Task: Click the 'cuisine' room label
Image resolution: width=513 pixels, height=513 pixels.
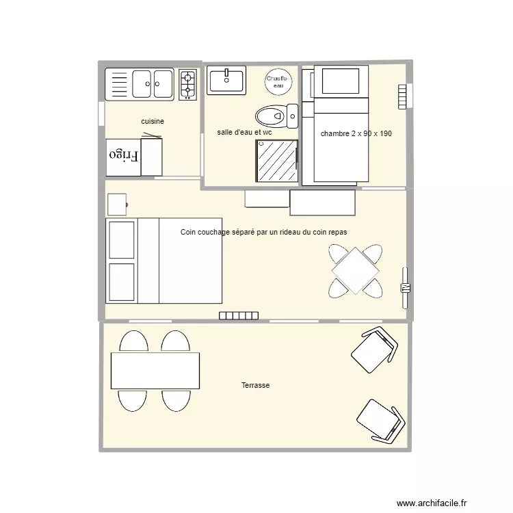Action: (153, 122)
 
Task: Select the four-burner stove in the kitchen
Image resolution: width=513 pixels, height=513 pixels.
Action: (188, 84)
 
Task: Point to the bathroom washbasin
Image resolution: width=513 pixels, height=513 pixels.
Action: (226, 80)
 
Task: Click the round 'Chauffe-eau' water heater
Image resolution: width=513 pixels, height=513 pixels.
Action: (278, 81)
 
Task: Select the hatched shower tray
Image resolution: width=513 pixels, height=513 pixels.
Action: (277, 161)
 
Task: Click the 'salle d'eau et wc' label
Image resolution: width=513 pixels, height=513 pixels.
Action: (244, 132)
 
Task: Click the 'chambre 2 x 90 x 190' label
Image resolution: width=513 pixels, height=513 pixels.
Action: (356, 133)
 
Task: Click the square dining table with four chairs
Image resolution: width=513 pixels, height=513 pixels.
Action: (355, 271)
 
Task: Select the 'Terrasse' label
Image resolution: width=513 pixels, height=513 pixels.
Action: (255, 386)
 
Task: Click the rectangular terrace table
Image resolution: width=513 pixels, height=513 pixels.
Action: (155, 370)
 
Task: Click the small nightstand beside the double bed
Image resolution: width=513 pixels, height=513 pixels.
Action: (117, 204)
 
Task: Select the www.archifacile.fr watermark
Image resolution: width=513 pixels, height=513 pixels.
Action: (435, 501)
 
